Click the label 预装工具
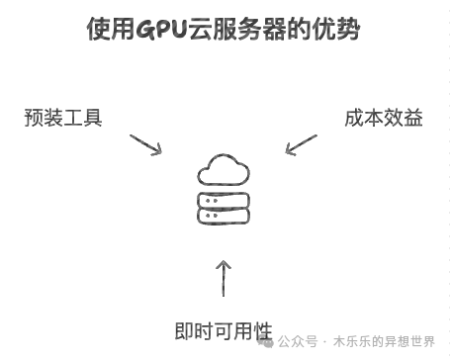pyautogui.click(x=62, y=118)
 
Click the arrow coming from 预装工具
pyautogui.click(x=144, y=144)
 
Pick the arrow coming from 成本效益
pyautogui.click(x=302, y=144)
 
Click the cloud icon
pyautogui.click(x=224, y=170)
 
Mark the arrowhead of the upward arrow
pyautogui.click(x=224, y=264)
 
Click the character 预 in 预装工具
pyautogui.click(x=34, y=118)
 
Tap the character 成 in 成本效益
pyautogui.click(x=353, y=118)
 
